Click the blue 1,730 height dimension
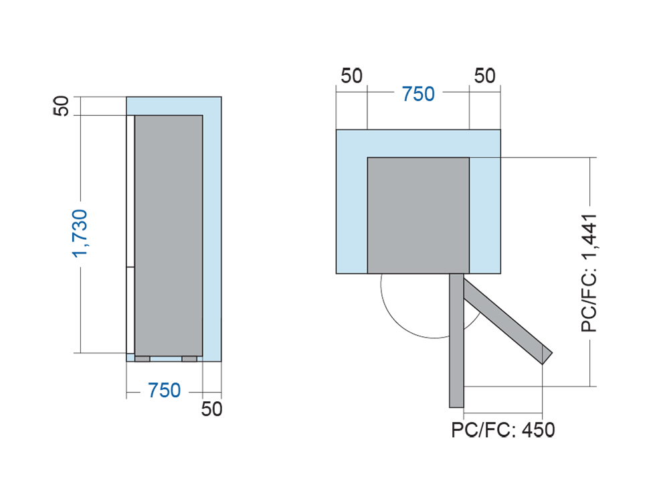[80, 234]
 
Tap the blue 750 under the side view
[164, 391]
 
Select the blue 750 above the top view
[418, 94]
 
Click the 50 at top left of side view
[61, 106]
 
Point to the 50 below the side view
[211, 409]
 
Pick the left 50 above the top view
[351, 76]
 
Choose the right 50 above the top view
[485, 76]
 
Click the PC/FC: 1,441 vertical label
[589, 273]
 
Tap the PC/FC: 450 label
[503, 430]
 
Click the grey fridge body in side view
[169, 236]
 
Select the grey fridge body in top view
[418, 215]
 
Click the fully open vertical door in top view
[456, 340]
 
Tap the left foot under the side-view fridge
[143, 359]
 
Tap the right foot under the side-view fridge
[189, 359]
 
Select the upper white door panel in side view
[130, 191]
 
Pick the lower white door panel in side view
[130, 310]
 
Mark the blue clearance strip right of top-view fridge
[485, 215]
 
